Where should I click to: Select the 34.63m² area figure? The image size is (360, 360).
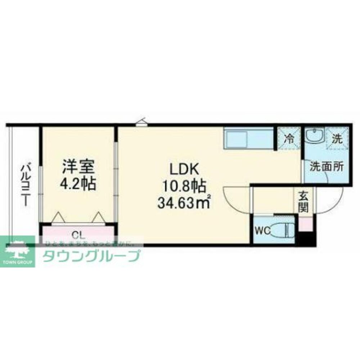pyautogui.click(x=184, y=204)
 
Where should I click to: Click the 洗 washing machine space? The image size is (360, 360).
pyautogui.click(x=337, y=138)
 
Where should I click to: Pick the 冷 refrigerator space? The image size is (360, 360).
pyautogui.click(x=289, y=138)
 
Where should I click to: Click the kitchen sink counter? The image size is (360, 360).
pyautogui.click(x=248, y=139)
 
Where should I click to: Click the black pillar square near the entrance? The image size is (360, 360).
pyautogui.click(x=306, y=239)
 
